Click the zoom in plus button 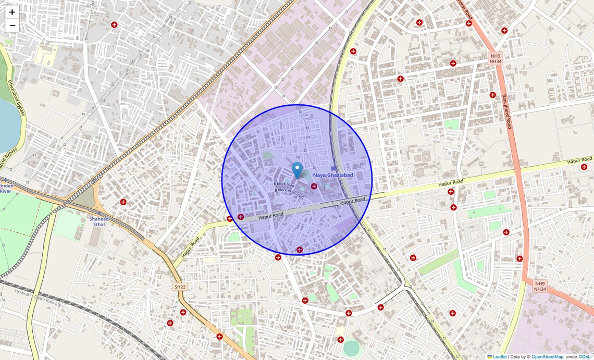12,12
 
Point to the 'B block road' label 284,184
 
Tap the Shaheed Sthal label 98,222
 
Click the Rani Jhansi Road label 505,111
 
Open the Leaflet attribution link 499,356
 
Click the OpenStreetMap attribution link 547,356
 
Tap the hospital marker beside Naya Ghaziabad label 314,186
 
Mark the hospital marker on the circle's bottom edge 300,250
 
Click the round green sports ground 351,348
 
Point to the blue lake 7,125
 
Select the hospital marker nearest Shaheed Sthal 123,202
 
